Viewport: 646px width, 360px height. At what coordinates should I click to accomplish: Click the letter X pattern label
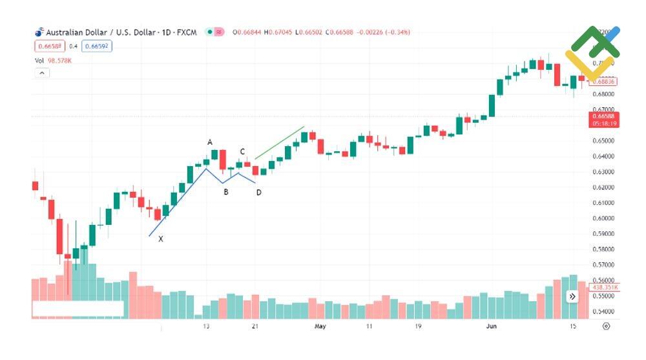pyautogui.click(x=161, y=239)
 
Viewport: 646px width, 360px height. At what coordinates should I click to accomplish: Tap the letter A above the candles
pyautogui.click(x=210, y=142)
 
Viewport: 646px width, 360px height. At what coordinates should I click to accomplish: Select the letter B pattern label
pyautogui.click(x=226, y=192)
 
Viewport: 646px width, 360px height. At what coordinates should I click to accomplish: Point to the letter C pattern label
pyautogui.click(x=242, y=152)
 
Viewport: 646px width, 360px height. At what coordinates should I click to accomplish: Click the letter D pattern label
pyautogui.click(x=258, y=193)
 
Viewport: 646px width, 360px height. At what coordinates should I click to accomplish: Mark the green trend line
pyautogui.click(x=279, y=143)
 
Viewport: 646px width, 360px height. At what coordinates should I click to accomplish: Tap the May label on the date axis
pyautogui.click(x=320, y=326)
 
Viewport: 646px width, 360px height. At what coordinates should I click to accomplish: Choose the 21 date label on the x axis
pyautogui.click(x=255, y=326)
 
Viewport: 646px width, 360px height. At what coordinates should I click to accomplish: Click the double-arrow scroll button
pyautogui.click(x=572, y=297)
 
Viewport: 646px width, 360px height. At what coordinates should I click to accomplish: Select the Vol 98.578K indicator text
pyautogui.click(x=54, y=61)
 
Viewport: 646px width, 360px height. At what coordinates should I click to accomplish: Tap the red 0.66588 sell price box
pyautogui.click(x=50, y=46)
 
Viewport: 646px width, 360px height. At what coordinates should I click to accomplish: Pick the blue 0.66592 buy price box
pyautogui.click(x=97, y=46)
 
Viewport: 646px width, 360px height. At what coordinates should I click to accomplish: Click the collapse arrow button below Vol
pyautogui.click(x=41, y=73)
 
